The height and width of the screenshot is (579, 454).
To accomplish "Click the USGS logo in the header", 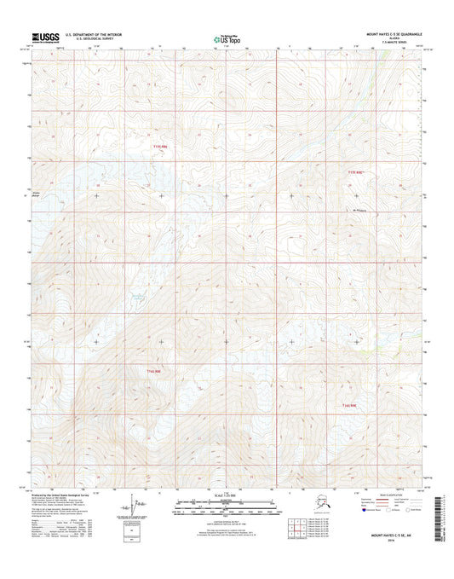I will coord(47,37).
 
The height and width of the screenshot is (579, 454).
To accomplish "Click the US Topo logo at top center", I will coord(227,38).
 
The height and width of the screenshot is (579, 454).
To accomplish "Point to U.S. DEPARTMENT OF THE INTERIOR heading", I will coord(95,34).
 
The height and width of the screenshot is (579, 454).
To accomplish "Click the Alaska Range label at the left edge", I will coord(37,193).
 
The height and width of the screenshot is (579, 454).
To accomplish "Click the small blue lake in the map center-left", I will coord(135,297).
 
